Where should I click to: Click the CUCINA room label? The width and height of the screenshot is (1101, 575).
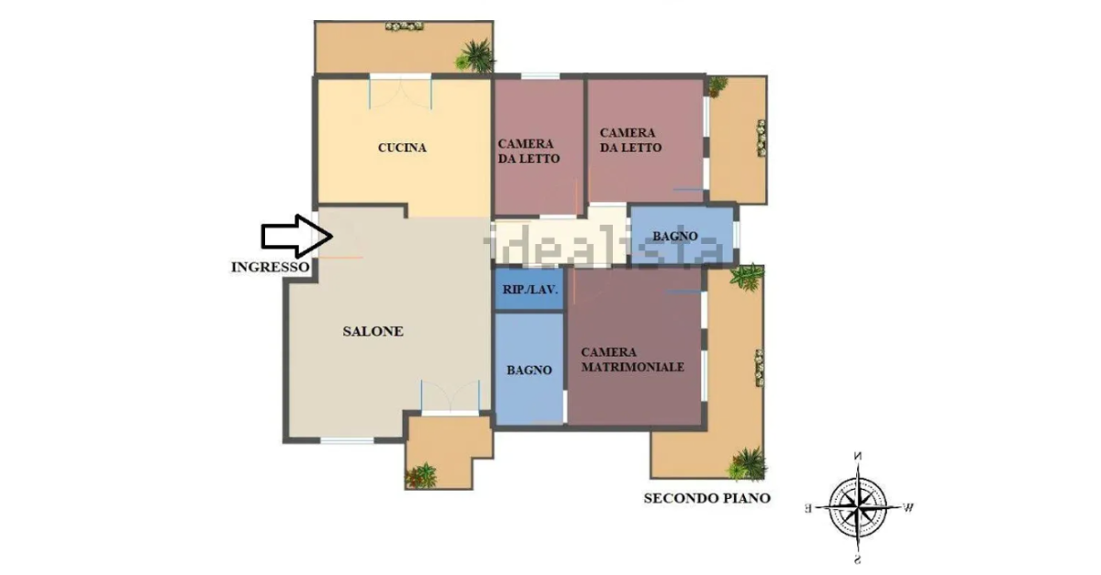point(402,148)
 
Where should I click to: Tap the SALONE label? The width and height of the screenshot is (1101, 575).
point(373,331)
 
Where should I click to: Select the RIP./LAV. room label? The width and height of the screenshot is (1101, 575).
point(530,290)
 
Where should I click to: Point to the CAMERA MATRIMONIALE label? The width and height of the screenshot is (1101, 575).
point(632,359)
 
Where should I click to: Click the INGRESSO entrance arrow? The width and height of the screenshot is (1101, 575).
point(297,237)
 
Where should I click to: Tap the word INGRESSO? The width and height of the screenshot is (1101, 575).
point(271,267)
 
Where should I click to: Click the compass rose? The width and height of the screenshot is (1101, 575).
point(858,507)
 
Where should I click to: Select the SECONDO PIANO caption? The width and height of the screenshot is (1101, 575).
point(706,498)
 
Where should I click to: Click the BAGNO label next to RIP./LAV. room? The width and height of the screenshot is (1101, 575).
point(528,370)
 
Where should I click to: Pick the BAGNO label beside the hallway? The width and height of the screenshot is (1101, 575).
point(675,237)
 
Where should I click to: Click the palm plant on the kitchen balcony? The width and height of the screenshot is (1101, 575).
point(475,55)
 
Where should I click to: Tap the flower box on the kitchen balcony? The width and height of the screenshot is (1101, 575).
point(404,26)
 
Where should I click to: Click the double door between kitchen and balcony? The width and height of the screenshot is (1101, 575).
point(401,92)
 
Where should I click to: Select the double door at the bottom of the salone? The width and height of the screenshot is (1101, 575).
point(450,396)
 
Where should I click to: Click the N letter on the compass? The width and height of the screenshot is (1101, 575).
point(858,456)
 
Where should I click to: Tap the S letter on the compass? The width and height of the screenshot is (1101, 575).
point(858,559)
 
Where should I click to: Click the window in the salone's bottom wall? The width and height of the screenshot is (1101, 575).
point(347,440)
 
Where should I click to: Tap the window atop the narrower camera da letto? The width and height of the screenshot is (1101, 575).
point(540,76)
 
